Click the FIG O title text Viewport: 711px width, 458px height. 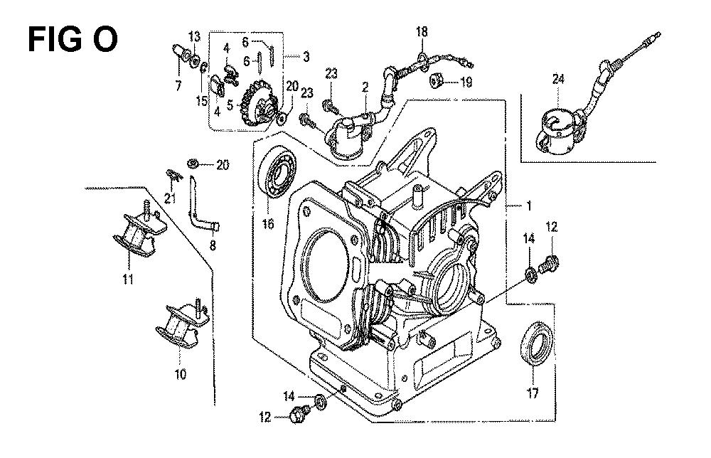pos(73,40)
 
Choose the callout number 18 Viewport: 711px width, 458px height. pos(422,32)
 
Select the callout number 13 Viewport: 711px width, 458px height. pos(194,36)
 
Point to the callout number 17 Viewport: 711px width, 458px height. pos(533,393)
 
